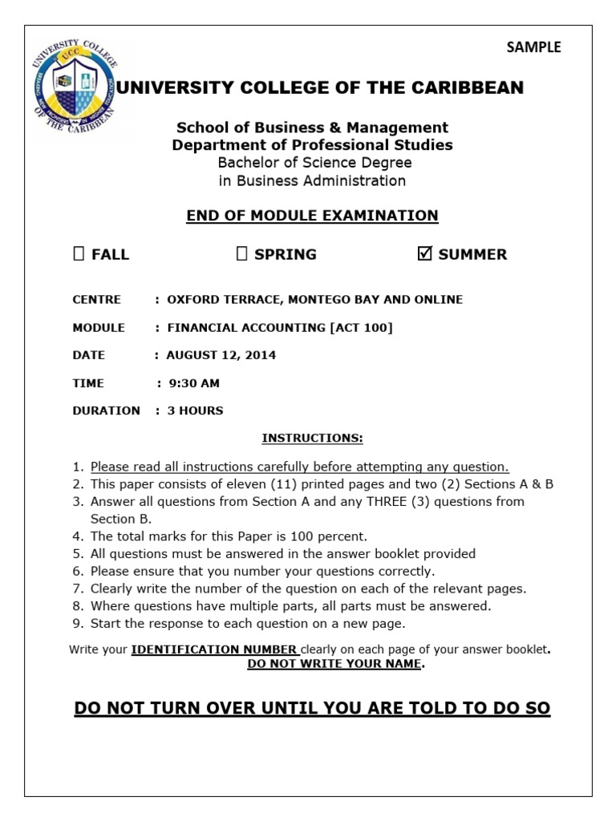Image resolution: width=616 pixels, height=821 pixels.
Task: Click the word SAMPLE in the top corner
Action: click(x=533, y=47)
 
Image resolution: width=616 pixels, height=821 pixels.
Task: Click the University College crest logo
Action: click(x=74, y=89)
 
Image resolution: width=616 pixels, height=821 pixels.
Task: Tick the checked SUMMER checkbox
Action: click(x=425, y=254)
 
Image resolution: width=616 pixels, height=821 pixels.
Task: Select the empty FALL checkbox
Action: click(x=78, y=254)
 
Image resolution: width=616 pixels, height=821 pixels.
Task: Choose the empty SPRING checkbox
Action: click(x=241, y=254)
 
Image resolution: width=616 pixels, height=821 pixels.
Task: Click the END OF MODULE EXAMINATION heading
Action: click(x=312, y=215)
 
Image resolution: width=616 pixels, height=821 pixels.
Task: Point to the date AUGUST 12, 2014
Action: click(x=221, y=355)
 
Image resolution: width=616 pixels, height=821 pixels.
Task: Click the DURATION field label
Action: click(x=106, y=410)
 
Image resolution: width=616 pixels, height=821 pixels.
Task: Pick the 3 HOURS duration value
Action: click(x=195, y=410)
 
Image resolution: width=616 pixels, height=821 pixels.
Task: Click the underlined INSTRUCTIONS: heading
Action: click(x=312, y=439)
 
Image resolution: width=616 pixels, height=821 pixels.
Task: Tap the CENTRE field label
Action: click(x=96, y=300)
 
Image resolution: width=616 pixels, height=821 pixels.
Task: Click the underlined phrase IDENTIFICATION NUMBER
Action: click(x=215, y=649)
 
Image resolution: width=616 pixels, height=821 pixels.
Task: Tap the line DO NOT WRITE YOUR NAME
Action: click(x=335, y=664)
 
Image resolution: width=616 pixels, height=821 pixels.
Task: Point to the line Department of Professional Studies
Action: click(x=312, y=145)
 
